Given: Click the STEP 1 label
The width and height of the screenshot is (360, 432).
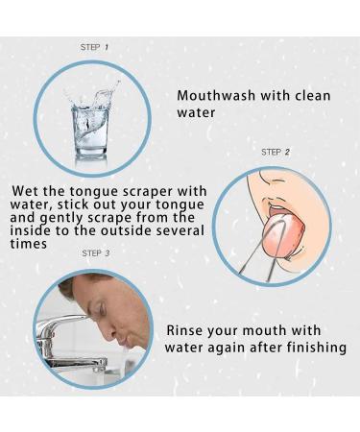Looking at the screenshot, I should pos(94,46).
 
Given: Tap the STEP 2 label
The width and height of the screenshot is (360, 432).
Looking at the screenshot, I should pos(276,152).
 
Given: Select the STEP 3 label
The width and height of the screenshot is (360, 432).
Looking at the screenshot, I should pos(96,252).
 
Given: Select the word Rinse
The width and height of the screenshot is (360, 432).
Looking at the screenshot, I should pos(188,329).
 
